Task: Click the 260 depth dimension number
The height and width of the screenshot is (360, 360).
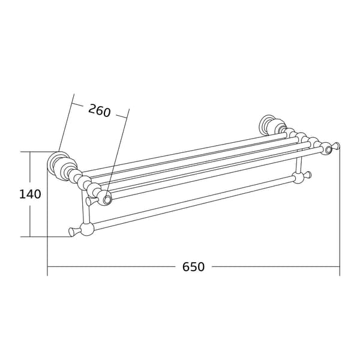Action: pos(100,110)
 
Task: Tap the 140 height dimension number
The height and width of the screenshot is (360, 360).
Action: pos(30,194)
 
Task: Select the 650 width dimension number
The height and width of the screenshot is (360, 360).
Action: pos(193,267)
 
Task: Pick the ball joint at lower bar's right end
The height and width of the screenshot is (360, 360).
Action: pos(298,178)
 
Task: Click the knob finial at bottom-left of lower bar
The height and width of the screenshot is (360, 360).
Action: pos(74,232)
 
